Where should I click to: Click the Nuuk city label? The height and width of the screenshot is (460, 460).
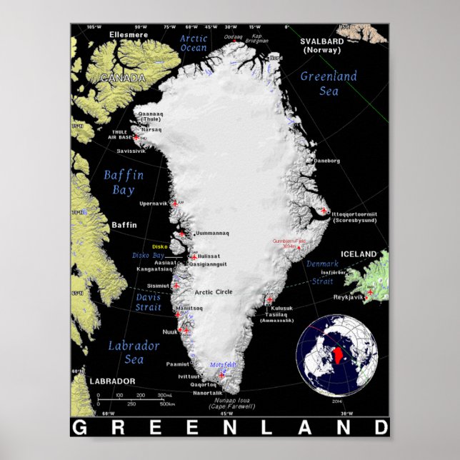tap(170, 332)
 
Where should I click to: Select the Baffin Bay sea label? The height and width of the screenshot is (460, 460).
tap(123, 182)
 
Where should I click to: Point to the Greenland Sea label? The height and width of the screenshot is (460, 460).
tap(329, 83)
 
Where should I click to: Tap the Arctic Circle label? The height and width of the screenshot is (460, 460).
tap(214, 291)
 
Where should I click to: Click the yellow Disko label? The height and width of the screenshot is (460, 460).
tap(159, 246)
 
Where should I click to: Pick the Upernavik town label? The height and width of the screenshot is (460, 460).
tap(154, 204)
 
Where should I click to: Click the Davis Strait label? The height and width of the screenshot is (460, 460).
tap(148, 302)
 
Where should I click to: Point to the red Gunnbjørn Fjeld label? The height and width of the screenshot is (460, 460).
tap(289, 241)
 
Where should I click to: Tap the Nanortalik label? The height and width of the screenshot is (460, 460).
tap(208, 393)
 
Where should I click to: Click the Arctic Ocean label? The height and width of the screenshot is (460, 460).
tap(193, 43)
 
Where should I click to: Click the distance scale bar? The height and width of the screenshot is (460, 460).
tap(139, 399)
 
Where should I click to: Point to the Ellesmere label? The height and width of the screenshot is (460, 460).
tap(129, 34)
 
